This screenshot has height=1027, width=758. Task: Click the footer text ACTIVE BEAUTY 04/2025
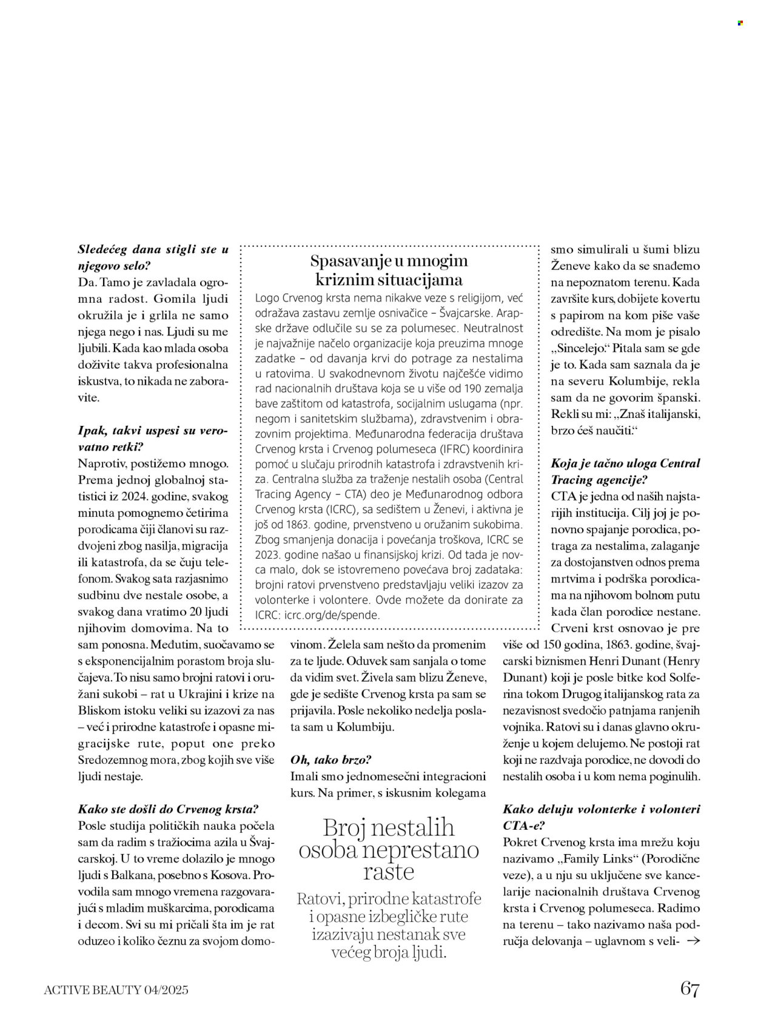pyautogui.click(x=116, y=990)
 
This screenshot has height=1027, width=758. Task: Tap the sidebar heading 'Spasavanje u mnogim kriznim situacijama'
pyautogui.click(x=389, y=271)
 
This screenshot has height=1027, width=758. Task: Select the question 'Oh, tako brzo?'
pyautogui.click(x=330, y=759)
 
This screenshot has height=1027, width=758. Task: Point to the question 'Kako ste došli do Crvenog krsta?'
pyautogui.click(x=169, y=809)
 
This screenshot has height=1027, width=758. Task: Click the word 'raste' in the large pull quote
pyautogui.click(x=389, y=872)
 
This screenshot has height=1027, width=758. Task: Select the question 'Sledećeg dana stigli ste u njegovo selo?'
pyautogui.click(x=154, y=257)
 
